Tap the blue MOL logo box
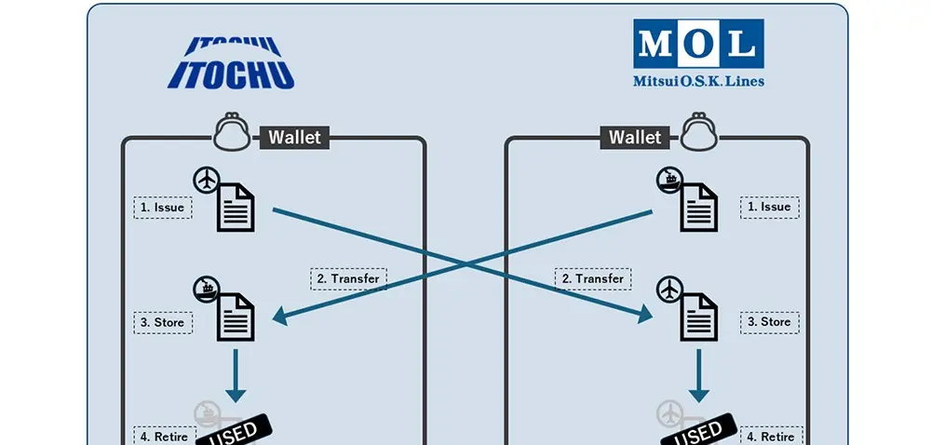pos(698,43)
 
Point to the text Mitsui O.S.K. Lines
pos(698,81)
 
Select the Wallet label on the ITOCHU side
pos(294,138)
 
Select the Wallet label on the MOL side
pos(635,138)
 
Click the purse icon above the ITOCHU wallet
pos(232,132)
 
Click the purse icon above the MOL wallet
pos(699,132)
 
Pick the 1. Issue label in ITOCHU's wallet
pos(164,207)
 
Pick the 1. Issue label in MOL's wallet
pos(769,207)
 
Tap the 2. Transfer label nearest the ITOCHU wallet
pos(347,278)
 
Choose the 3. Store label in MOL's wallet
pos(769,322)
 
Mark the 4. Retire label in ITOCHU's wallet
pos(164,436)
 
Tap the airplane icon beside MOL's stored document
pos(668,290)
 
